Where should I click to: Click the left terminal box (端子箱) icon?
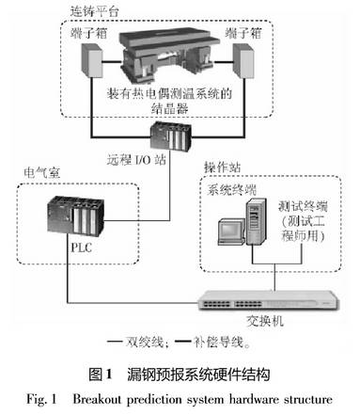coord(92,60)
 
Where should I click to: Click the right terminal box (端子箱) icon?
coord(243,61)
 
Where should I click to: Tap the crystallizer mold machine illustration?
coord(169,56)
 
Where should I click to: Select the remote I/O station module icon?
coord(171,136)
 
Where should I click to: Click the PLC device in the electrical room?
coord(75,215)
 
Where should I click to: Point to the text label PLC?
coord(82,247)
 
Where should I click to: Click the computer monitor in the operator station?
coord(231,231)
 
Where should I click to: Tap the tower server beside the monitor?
coord(256,221)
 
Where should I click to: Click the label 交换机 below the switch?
coord(265,321)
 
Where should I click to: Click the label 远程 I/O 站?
coord(136,160)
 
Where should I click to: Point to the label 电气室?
coord(41,173)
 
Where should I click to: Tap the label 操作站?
coord(222,168)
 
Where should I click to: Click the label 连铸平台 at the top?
coord(95,12)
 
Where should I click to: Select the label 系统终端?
coord(231,190)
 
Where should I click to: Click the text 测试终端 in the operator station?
coord(303,207)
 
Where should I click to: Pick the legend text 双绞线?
coord(145,343)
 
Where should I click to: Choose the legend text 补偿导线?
coord(218,343)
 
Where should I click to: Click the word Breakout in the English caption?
coord(97,399)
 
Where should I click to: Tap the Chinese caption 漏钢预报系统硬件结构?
coord(198,375)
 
